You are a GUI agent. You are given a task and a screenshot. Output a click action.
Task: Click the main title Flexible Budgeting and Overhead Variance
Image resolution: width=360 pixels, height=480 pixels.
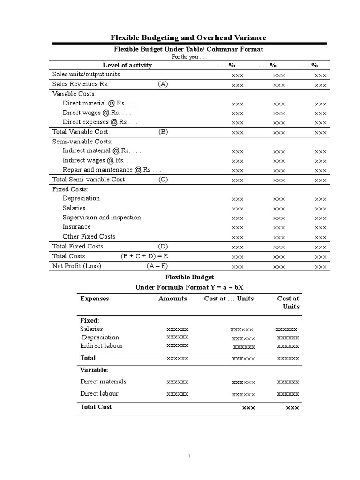[x=188, y=37]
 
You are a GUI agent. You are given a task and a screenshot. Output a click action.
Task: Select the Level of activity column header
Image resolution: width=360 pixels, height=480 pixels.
[x=127, y=65]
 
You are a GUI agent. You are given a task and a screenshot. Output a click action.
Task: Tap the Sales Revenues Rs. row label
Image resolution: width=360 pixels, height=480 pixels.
[x=80, y=84]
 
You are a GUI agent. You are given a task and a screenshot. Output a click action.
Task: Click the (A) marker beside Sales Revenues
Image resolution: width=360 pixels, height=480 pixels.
[x=163, y=84]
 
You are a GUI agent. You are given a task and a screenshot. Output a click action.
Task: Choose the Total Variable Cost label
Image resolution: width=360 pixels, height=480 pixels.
[x=80, y=132]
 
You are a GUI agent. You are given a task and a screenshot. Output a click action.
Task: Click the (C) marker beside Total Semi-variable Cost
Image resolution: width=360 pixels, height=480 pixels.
[x=163, y=180]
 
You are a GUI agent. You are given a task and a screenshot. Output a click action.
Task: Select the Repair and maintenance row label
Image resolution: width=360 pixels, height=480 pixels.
[x=112, y=170]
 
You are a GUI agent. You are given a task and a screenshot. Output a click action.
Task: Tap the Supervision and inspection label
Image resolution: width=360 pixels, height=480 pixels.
[x=102, y=217]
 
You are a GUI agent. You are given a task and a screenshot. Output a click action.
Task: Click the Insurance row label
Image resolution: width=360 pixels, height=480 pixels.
[x=77, y=227]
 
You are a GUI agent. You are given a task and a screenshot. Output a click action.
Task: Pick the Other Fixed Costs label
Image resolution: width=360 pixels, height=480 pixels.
[x=89, y=237]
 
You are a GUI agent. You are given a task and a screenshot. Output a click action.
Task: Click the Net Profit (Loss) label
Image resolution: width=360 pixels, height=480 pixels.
[x=76, y=266]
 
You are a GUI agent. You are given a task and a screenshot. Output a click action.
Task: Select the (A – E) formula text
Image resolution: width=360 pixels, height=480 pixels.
[x=157, y=266]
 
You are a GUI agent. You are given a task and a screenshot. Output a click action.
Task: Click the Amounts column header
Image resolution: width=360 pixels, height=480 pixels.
[x=172, y=299]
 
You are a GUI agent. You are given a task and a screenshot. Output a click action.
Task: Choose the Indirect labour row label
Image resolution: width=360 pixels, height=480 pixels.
[x=101, y=346]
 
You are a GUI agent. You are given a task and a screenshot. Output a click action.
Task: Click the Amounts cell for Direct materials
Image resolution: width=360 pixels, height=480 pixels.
[x=178, y=382]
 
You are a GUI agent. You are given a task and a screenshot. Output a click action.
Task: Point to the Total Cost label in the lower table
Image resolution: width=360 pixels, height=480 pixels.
[x=96, y=407]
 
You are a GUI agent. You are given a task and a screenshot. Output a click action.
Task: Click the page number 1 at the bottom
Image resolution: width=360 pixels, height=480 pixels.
[x=188, y=457]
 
